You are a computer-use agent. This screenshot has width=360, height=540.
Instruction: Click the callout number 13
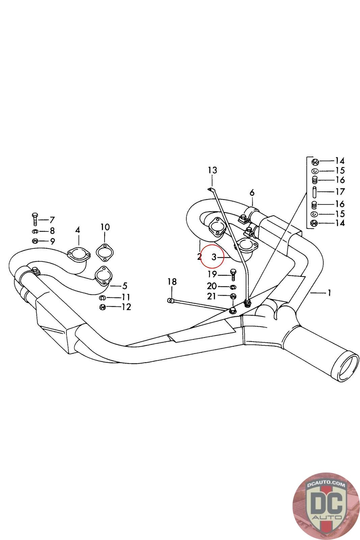point(213,170)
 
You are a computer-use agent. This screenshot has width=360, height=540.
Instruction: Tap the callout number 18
point(172,281)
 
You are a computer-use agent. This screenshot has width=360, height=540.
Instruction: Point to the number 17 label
point(340,192)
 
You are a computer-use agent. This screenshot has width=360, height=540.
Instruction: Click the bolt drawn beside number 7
point(35,219)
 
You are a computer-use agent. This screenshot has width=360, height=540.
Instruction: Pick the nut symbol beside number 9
point(35,241)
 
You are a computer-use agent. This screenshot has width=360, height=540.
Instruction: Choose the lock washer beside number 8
point(35,231)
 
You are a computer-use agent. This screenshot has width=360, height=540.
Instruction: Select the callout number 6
point(252,193)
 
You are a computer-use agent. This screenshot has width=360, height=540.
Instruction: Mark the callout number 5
point(125,286)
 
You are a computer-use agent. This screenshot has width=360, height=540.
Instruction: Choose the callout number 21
point(212,296)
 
